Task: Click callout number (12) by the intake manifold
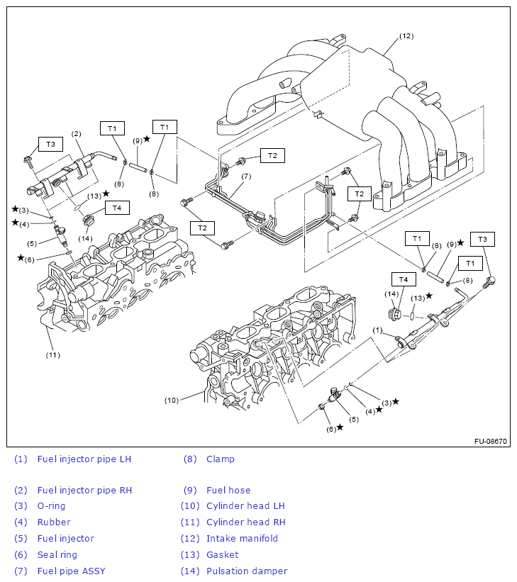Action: (406, 35)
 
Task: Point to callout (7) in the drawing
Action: (246, 176)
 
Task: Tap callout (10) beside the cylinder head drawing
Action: (172, 400)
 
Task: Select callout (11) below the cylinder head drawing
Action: (52, 354)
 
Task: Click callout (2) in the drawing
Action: (76, 133)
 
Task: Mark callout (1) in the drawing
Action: (377, 330)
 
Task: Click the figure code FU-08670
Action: (491, 441)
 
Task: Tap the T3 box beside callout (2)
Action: (50, 144)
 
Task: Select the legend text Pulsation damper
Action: (247, 571)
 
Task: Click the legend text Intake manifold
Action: (242, 538)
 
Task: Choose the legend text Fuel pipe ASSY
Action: (71, 571)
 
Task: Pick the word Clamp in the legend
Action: (220, 459)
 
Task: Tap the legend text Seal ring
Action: (57, 554)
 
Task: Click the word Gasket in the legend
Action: (222, 554)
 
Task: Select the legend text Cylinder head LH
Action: (245, 505)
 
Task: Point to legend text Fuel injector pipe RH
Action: (84, 490)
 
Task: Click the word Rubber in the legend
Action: (54, 522)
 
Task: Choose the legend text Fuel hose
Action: (228, 490)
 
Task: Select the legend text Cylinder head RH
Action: (245, 522)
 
